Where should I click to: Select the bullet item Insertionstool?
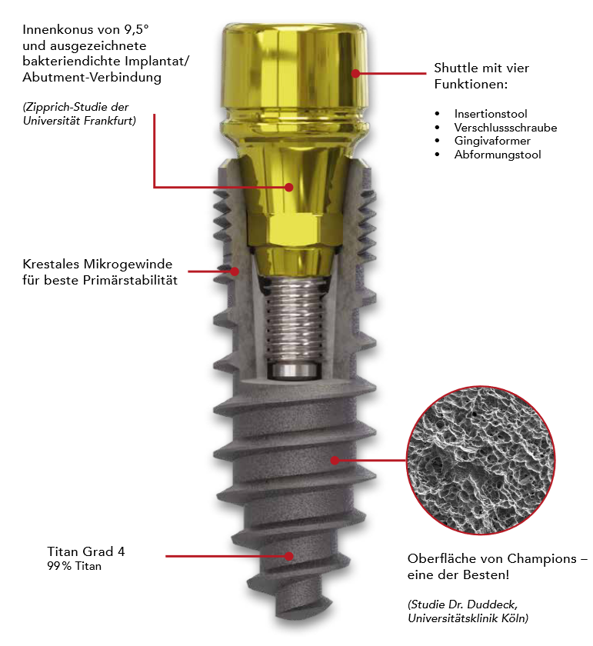tap(491, 114)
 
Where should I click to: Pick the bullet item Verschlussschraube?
tap(505, 128)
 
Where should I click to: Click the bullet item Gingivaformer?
tap(492, 141)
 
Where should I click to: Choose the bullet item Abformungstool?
tap(498, 155)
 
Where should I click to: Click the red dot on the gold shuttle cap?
tap(355, 73)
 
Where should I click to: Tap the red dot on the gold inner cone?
tap(289, 187)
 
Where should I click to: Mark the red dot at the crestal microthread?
tap(235, 271)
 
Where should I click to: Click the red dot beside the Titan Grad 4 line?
tap(289, 556)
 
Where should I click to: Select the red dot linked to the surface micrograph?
tap(335, 460)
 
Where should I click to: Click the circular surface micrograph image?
tap(481, 460)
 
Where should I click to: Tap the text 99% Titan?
tap(74, 566)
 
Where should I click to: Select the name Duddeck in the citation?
tap(494, 604)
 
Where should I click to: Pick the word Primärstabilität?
tap(130, 280)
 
